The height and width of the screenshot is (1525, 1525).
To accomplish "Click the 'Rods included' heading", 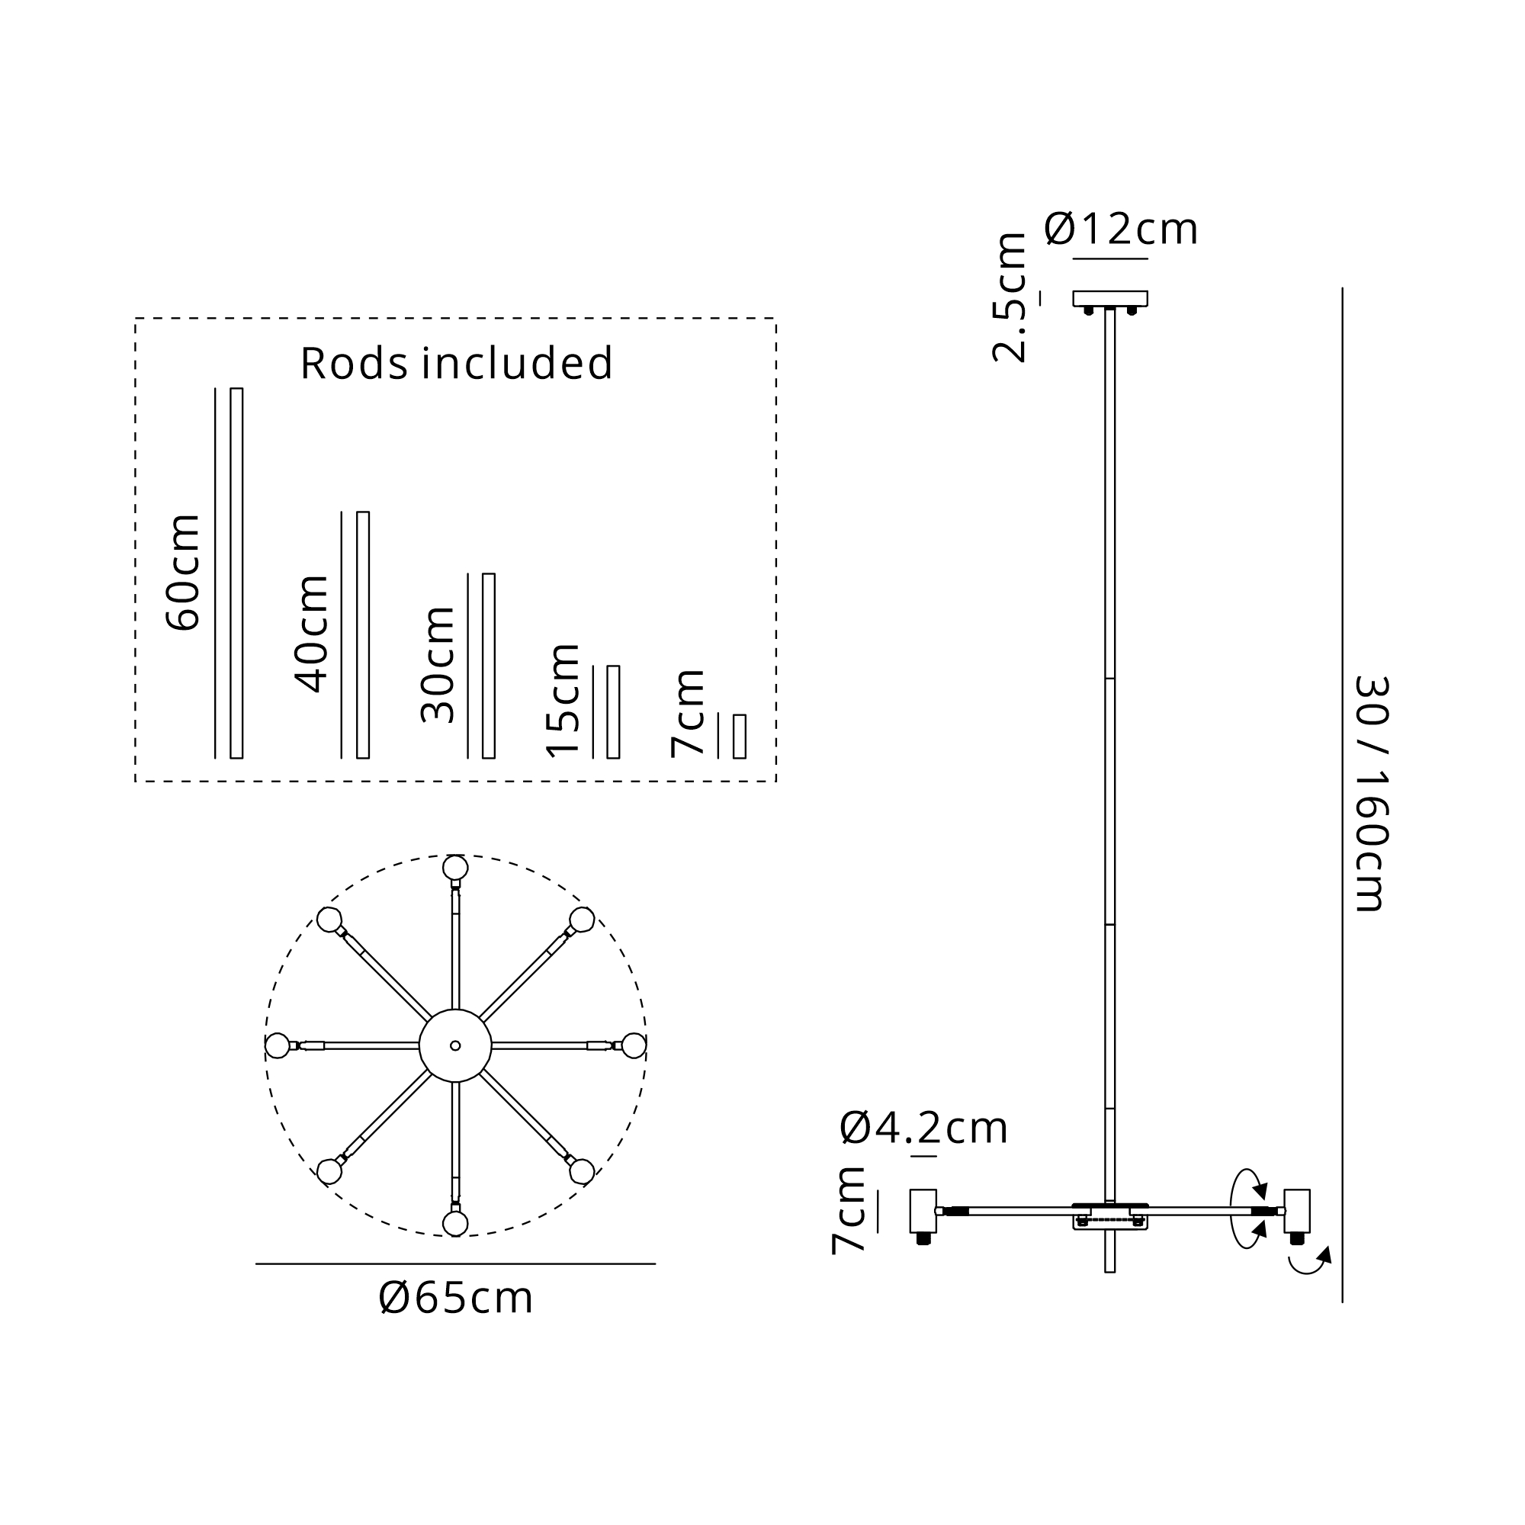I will point(456,363).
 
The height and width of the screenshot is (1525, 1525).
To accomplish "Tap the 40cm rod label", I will point(311,634).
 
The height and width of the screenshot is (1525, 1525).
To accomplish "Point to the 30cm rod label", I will point(437,665).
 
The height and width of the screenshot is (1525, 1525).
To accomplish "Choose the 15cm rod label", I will point(563,701).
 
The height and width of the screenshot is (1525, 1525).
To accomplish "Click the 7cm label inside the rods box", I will point(688,713).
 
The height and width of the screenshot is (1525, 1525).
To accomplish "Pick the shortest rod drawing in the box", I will point(740,737).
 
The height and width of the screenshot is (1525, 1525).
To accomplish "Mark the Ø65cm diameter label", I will point(455,1298).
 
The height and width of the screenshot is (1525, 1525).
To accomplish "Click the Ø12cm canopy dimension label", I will point(1121,230).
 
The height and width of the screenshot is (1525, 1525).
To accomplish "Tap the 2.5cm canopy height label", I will point(1010,297).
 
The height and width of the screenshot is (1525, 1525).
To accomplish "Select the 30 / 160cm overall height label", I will point(1372,794).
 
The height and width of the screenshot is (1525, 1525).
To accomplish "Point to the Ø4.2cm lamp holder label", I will point(923,1128).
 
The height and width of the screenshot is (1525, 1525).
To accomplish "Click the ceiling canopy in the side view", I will point(1109,298).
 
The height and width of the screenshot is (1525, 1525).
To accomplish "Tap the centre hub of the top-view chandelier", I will point(455,1046).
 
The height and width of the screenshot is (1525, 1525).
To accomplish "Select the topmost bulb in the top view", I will point(455,868).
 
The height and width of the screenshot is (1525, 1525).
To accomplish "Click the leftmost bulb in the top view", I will point(277,1046).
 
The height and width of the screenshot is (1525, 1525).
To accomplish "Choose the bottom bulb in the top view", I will point(455,1224).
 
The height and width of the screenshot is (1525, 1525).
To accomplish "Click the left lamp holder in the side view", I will point(923,1211).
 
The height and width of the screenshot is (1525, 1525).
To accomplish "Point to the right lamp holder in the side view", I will point(1297,1211).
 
